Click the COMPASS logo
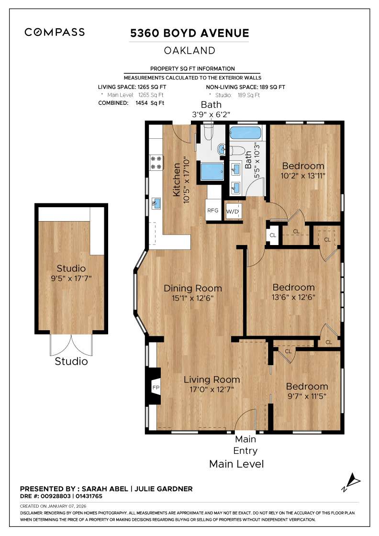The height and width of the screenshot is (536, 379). coord(55,33)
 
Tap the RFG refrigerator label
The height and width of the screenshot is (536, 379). coord(212,211)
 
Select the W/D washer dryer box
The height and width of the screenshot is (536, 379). coord(233,211)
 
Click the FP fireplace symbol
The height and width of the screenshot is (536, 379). coord(156,387)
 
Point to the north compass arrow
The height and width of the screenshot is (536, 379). coord(353,480)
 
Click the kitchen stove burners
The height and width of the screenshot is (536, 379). coord(156,162)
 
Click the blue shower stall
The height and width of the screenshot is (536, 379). coord(212,171)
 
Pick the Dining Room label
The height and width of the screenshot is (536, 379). coord(193,289)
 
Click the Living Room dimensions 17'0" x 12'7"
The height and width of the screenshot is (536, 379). coord(209,390)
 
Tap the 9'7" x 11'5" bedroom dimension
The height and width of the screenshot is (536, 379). coord(307,396)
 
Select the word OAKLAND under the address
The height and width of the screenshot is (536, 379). coord(189,50)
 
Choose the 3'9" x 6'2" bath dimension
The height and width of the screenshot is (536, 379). coord(211,114)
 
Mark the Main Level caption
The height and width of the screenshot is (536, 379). coord(236,464)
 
